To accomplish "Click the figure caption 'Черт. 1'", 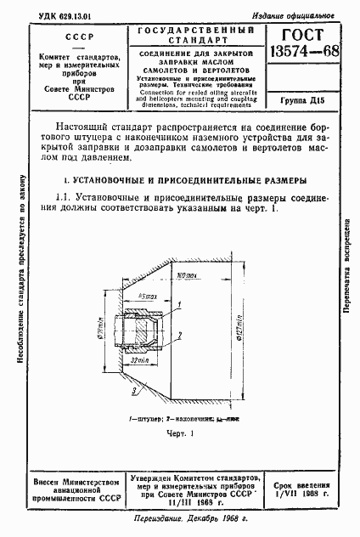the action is coord(180,433).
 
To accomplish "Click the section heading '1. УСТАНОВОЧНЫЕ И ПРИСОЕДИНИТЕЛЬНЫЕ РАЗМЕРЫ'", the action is coord(179,181).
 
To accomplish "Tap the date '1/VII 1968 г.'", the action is coord(302,494).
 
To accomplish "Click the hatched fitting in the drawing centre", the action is coord(145,327).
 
